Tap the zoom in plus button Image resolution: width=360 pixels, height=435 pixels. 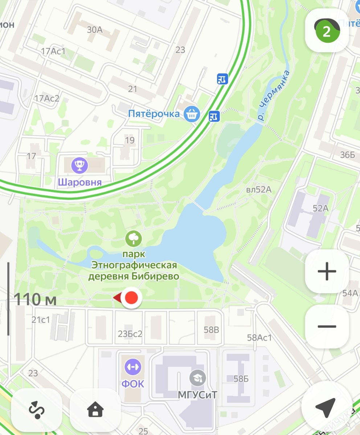pos(327,271)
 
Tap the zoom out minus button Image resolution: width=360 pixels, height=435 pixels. pos(327,326)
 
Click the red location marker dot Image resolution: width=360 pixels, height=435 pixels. pos(131,298)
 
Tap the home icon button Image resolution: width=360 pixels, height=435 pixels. pos(95,410)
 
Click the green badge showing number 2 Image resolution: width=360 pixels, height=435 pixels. pos(327,32)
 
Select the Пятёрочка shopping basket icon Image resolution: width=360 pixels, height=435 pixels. pos(192,114)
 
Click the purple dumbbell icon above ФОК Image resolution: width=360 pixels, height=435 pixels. pos(133,367)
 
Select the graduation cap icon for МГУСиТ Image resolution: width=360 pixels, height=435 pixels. pos(198,378)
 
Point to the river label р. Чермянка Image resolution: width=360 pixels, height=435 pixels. pos(273,96)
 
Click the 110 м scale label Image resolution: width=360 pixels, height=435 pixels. pos(35,299)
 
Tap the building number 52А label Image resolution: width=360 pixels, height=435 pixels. pos(320,208)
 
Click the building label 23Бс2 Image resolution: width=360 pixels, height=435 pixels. pos(130,334)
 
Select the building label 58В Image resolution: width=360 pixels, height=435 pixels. pos(211,330)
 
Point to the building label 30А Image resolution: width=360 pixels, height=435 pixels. pos(94,30)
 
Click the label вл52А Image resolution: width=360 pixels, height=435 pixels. pos(258,190)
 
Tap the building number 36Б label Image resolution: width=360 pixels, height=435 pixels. pos(347,155)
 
